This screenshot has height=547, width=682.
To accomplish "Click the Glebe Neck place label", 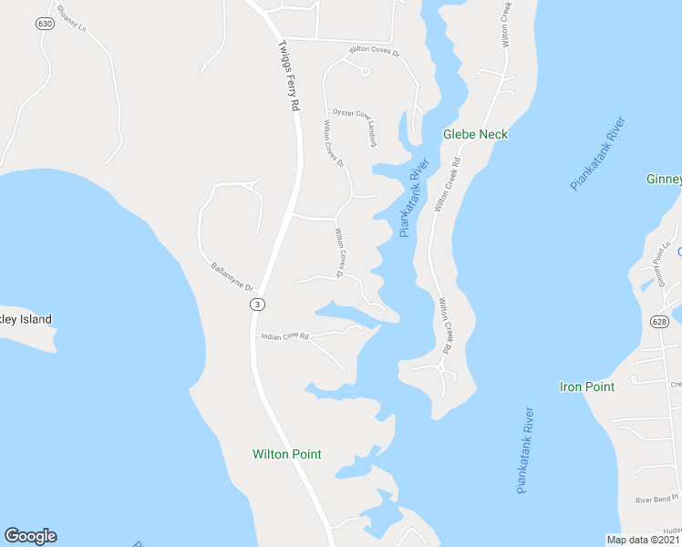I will [475, 134].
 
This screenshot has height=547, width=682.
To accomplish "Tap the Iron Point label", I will [586, 387].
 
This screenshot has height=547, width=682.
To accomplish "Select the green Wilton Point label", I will [286, 454].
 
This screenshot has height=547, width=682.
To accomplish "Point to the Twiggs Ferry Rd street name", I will [288, 75].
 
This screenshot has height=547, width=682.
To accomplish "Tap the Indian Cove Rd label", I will [284, 336].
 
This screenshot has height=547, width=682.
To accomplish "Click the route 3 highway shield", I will [259, 304].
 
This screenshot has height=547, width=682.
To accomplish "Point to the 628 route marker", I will [659, 321].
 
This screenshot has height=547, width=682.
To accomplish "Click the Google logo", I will [30, 536].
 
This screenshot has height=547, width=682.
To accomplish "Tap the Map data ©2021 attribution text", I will [644, 540].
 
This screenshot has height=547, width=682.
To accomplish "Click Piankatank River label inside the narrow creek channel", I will [415, 200].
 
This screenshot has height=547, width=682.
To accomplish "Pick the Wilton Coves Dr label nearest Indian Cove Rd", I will [338, 253].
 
